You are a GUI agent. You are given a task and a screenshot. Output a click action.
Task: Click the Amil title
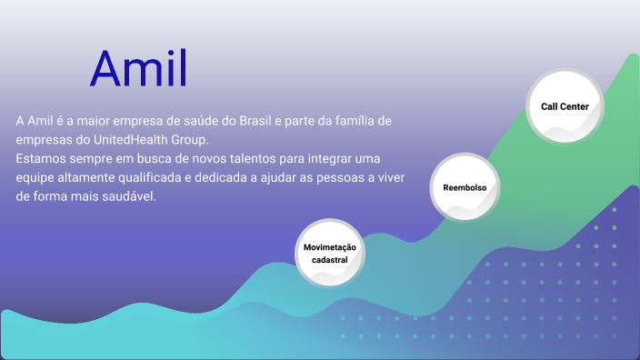(x=138, y=68)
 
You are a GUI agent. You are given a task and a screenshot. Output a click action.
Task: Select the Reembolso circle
(x=465, y=188)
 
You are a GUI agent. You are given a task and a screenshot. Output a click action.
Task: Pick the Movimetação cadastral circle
(x=330, y=252)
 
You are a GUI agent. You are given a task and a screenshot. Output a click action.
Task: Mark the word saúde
(x=183, y=121)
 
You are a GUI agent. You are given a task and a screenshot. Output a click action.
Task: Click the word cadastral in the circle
(x=330, y=260)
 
